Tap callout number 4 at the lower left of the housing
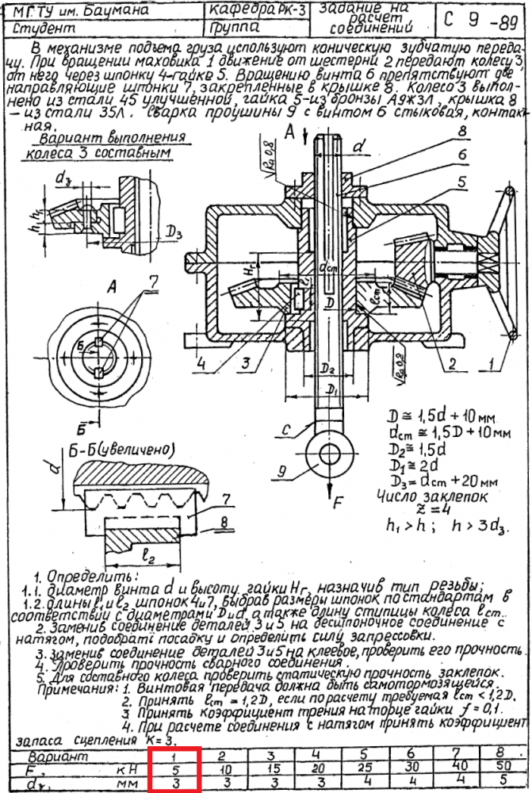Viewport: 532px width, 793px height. click(202, 364)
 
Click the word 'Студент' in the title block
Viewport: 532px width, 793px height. click(37, 29)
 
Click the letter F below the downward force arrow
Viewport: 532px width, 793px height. click(338, 504)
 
